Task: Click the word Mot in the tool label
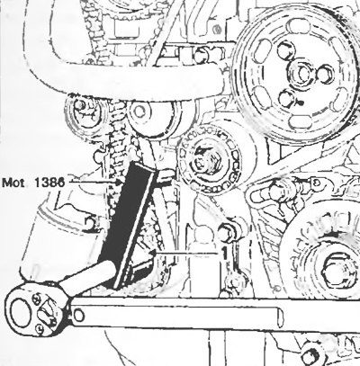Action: (x=13, y=183)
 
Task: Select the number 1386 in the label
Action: (x=49, y=183)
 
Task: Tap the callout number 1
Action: (x=224, y=254)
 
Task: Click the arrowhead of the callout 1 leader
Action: (x=153, y=254)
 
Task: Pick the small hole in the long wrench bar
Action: (x=78, y=316)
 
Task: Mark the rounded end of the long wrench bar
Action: (x=279, y=317)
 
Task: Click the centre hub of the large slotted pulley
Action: (x=301, y=72)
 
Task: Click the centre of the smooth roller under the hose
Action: (x=139, y=112)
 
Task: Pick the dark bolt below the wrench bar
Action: (x=311, y=354)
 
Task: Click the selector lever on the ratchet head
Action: (x=46, y=312)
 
